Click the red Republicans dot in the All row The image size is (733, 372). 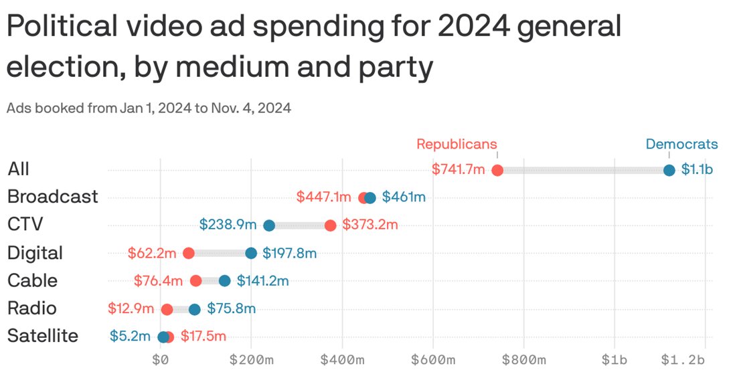pyautogui.click(x=497, y=170)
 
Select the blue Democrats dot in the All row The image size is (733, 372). pyautogui.click(x=669, y=170)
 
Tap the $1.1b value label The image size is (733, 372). pyautogui.click(x=697, y=170)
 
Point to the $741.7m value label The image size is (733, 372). pyautogui.click(x=459, y=170)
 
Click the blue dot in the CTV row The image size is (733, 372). pyautogui.click(x=269, y=225)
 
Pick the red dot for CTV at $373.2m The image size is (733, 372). pyautogui.click(x=330, y=225)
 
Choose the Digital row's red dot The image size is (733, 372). pyautogui.click(x=189, y=253)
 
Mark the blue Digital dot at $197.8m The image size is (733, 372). pyautogui.click(x=251, y=253)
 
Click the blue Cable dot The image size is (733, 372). pyautogui.click(x=225, y=281)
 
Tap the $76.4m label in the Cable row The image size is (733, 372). pyautogui.click(x=158, y=281)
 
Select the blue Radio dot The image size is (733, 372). pyautogui.click(x=195, y=309)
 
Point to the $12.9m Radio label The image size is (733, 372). pyautogui.click(x=131, y=309)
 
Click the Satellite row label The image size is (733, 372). pyautogui.click(x=43, y=336)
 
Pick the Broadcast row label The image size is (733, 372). pyautogui.click(x=52, y=197)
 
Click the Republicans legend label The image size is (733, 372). pyautogui.click(x=457, y=144)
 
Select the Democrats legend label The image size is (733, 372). pyautogui.click(x=681, y=144)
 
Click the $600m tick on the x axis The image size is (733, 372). pyautogui.click(x=432, y=360)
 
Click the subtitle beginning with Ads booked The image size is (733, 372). pyautogui.click(x=149, y=108)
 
